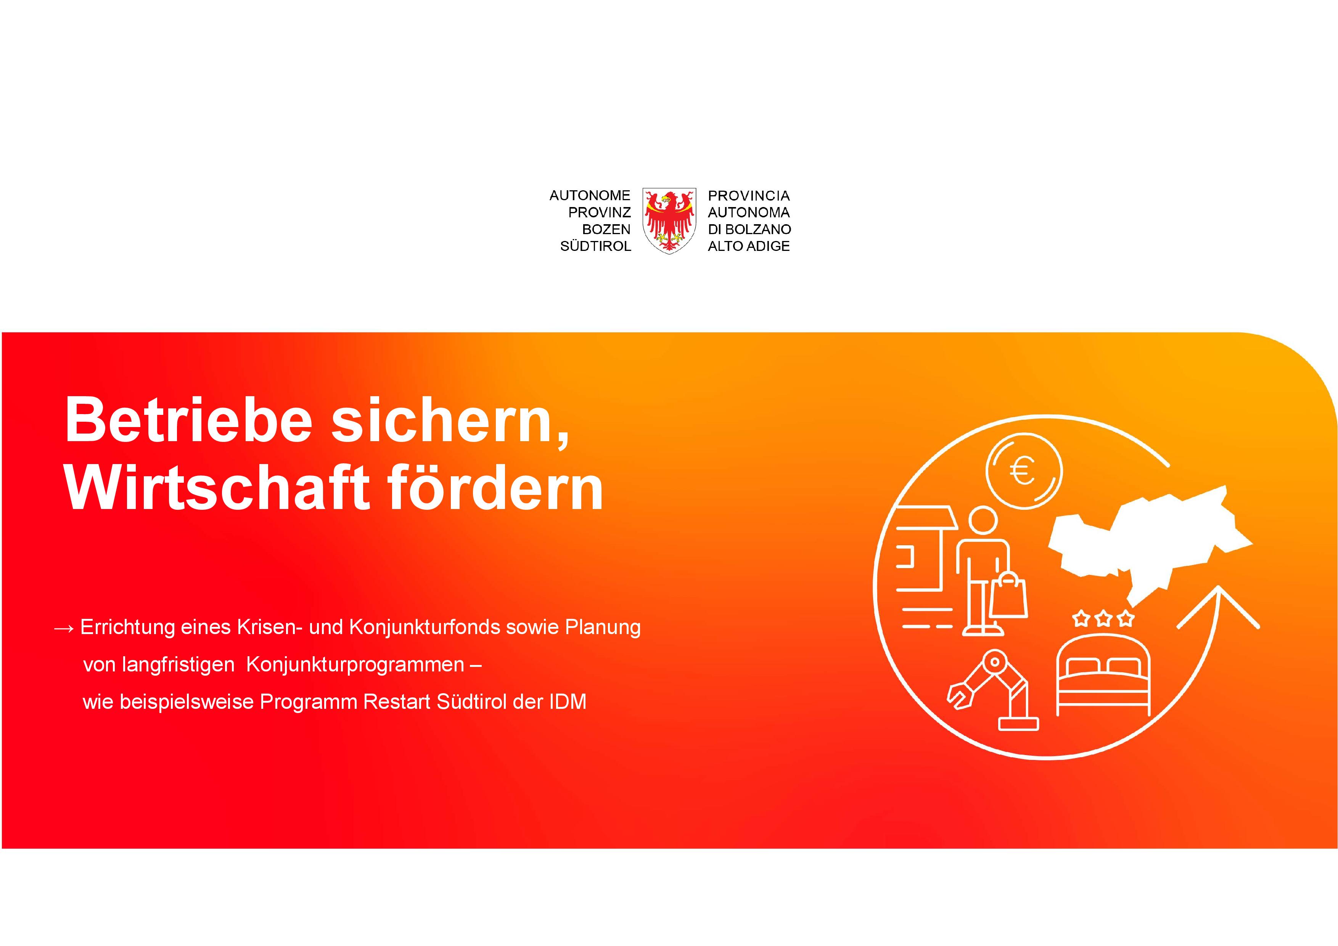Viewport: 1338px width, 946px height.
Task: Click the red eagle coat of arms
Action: pyautogui.click(x=669, y=220)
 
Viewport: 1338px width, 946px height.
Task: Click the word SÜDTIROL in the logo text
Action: pyautogui.click(x=595, y=246)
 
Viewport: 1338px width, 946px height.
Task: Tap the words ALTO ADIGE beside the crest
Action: pyautogui.click(x=749, y=246)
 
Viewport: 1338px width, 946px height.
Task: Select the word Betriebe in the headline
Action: pyautogui.click(x=189, y=419)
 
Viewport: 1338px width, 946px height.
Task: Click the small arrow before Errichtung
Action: pyautogui.click(x=64, y=628)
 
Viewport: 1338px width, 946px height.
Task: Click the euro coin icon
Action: pyautogui.click(x=1024, y=470)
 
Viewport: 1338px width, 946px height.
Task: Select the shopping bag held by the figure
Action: pyautogui.click(x=1009, y=594)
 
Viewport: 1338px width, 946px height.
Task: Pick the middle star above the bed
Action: pyautogui.click(x=1103, y=618)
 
